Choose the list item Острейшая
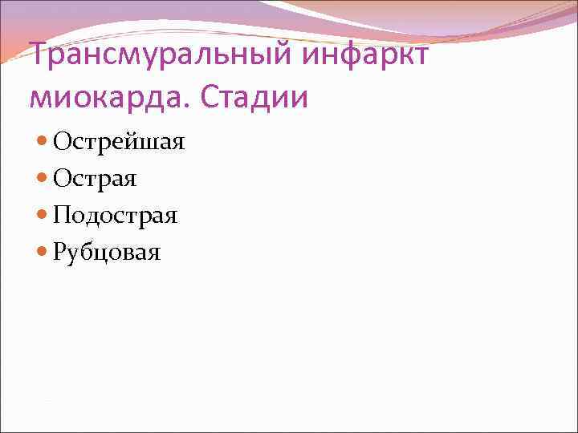119,143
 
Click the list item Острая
95,179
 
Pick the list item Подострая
116,216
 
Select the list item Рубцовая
107,253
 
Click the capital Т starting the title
38,58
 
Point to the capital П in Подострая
62,216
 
